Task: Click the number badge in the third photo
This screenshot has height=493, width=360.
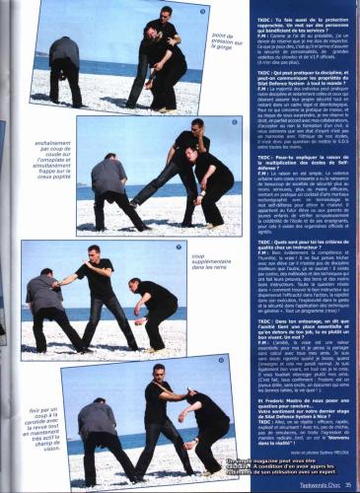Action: [x=180, y=246]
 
